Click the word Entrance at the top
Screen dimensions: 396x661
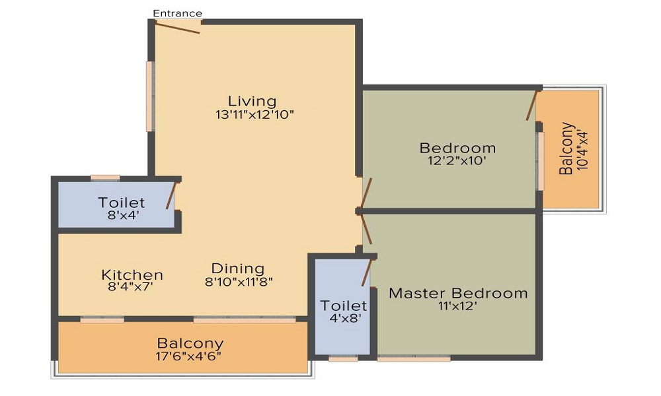(178, 13)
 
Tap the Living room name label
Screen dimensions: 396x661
(252, 101)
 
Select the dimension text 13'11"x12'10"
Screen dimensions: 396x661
(254, 114)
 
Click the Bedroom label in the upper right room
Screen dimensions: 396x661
(457, 148)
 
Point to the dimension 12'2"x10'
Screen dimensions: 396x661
(457, 160)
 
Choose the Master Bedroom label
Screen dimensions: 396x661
(458, 293)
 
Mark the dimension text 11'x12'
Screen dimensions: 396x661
(458, 306)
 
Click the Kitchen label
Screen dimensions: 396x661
(132, 275)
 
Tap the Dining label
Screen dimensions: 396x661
(238, 269)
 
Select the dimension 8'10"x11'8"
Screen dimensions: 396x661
(239, 282)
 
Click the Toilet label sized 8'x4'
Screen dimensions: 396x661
(122, 203)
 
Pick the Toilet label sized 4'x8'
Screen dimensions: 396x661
(344, 306)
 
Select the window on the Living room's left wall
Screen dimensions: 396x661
(150, 96)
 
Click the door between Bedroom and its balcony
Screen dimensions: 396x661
(531, 105)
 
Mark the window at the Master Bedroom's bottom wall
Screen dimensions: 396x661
(414, 358)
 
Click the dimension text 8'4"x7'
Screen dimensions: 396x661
(132, 288)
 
